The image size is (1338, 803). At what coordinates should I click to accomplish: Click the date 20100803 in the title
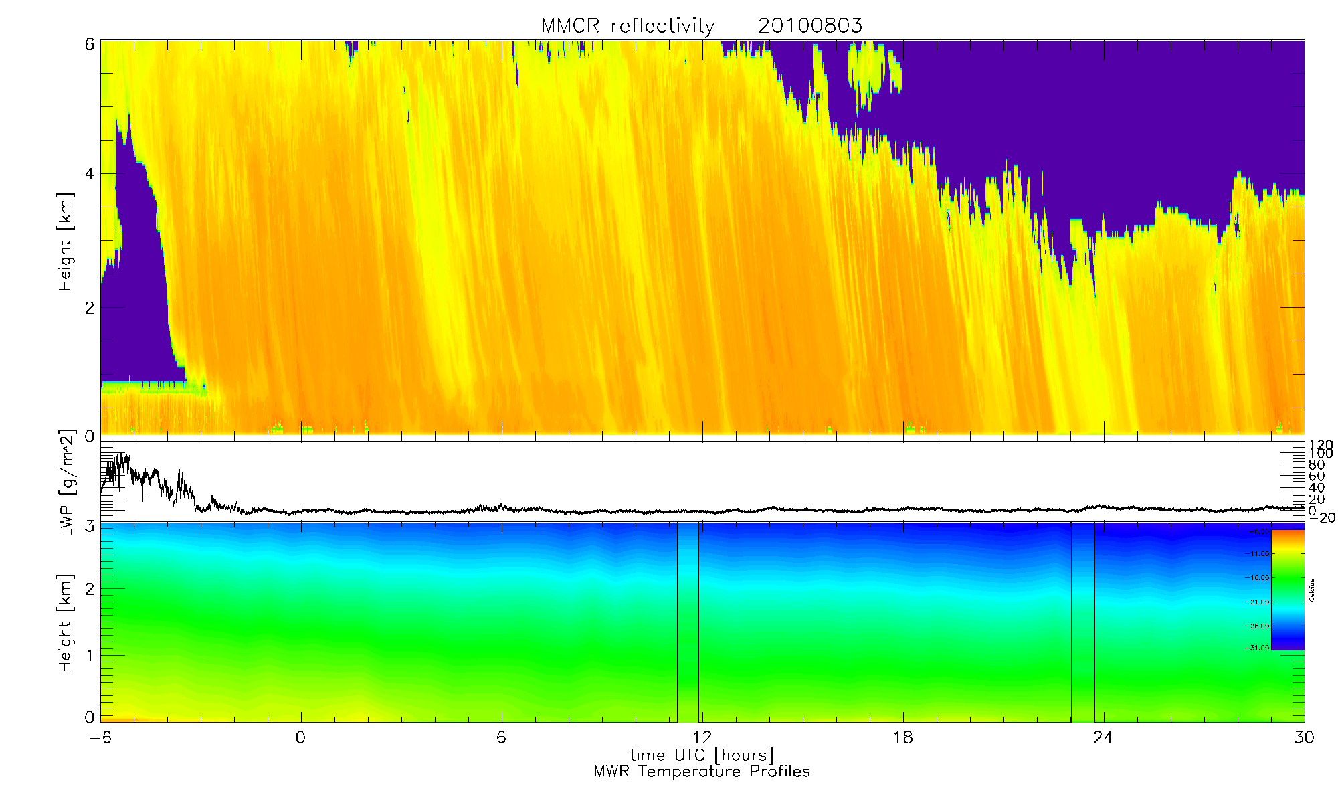pos(809,26)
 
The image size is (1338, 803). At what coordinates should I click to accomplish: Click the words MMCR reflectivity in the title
pos(628,26)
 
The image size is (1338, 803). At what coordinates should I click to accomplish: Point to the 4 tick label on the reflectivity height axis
pos(89,174)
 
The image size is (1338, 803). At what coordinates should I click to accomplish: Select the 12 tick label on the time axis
pos(702,737)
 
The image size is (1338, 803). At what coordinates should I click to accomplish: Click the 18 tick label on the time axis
pos(903,737)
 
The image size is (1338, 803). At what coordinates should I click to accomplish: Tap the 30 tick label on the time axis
pos(1304,737)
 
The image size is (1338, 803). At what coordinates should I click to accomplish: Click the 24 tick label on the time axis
pos(1103,737)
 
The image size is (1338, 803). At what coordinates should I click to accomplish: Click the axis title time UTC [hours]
pos(702,755)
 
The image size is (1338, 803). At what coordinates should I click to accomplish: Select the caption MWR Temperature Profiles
pos(702,772)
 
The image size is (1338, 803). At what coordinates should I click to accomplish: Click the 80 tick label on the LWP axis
pos(1316,465)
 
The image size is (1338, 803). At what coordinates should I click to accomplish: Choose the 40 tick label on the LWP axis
pos(1316,488)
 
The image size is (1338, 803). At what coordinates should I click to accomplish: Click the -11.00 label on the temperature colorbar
pos(1257,554)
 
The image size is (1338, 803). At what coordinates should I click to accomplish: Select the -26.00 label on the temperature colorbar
pos(1257,626)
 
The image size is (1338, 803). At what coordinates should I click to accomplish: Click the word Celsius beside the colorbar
pos(1312,590)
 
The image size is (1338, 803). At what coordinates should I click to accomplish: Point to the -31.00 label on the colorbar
pos(1257,648)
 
